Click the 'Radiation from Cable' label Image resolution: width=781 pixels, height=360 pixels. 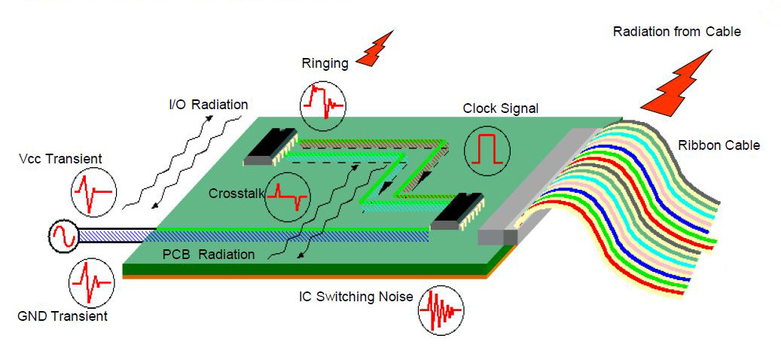point(676,32)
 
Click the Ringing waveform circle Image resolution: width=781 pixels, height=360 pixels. point(322,104)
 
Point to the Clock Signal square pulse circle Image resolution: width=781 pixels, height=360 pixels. point(487,148)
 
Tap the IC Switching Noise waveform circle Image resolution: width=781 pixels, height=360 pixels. point(441,308)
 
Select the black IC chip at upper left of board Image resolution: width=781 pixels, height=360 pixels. point(270,147)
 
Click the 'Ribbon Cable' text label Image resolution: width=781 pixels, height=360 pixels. point(718,145)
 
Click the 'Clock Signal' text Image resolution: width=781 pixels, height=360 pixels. point(501,108)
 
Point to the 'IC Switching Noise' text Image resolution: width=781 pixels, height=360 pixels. point(355,297)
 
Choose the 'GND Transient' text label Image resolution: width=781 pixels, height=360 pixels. point(63,316)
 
